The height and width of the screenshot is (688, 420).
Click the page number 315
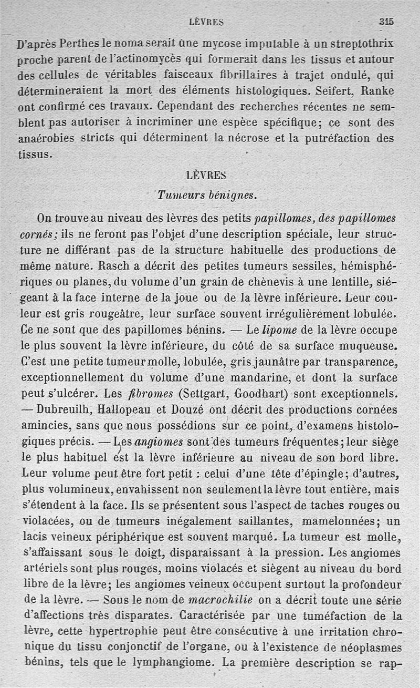pos(386,22)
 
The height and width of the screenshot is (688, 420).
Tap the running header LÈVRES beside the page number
pos(206,22)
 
